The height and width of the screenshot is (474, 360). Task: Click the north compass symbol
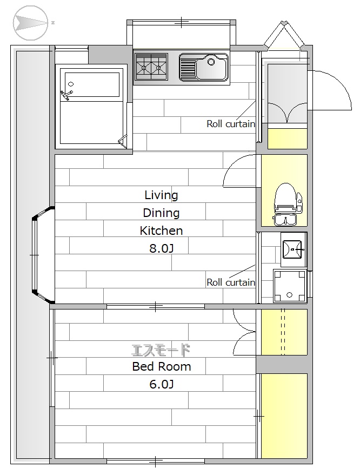pos(31,23)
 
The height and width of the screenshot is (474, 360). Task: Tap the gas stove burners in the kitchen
pos(151,67)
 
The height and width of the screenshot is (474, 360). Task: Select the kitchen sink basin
pos(203,68)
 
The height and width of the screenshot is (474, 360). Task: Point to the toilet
pos(287,205)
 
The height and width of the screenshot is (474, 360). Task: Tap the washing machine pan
pos(290,286)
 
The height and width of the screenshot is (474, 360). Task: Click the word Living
pos(161,195)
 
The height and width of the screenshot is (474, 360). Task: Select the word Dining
pos(161,213)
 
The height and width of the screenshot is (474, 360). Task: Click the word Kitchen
pos(161,231)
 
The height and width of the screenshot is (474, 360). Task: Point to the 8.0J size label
pos(162,248)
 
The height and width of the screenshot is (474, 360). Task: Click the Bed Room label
pos(162,366)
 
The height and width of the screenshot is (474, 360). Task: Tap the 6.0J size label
pos(162,384)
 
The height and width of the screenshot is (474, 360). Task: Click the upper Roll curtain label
pos(231,123)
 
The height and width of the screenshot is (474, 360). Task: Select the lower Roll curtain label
pos(231,282)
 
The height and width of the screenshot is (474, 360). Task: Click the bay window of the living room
pos(43,255)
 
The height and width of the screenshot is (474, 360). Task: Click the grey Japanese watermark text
pos(161,350)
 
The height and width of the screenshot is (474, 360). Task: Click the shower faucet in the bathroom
pos(66,95)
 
